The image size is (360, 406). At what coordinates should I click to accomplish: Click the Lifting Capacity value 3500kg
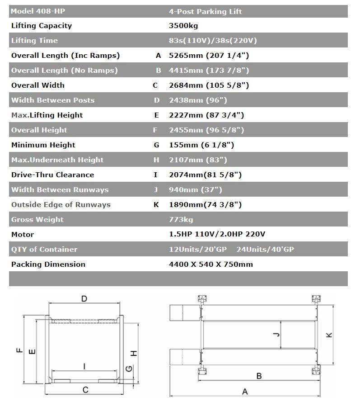coord(183,26)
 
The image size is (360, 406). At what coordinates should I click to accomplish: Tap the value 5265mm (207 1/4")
coord(209,56)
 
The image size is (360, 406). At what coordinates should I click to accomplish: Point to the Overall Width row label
coord(38,85)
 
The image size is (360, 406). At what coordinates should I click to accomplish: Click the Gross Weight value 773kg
coord(181,220)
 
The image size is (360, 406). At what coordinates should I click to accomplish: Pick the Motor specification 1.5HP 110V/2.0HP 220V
coord(217,235)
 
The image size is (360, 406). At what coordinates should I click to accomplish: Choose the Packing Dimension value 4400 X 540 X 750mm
coord(210,264)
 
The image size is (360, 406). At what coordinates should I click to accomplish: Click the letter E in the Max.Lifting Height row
coord(157,115)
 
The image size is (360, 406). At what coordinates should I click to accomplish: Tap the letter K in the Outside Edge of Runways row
coord(157,205)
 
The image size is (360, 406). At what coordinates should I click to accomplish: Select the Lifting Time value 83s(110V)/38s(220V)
coord(213,41)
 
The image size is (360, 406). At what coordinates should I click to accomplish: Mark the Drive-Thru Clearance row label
coord(53,175)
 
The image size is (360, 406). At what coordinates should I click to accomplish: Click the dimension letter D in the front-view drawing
coord(84,298)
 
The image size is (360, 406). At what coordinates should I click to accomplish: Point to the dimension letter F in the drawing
coord(19,351)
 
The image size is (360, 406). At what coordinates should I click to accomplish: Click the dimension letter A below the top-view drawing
coord(245,392)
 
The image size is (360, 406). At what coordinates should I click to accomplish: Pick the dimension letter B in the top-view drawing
coord(259,376)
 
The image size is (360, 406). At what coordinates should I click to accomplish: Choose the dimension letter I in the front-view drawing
coord(84,367)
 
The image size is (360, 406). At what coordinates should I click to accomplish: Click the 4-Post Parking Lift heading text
coord(206,11)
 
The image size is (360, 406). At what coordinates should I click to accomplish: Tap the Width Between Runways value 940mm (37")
coord(195,190)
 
